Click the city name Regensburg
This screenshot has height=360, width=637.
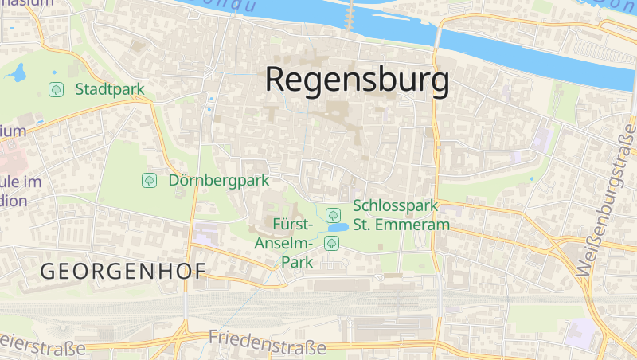click(x=357, y=80)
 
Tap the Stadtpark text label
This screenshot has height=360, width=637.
click(x=110, y=89)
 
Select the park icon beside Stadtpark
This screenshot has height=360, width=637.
click(x=57, y=89)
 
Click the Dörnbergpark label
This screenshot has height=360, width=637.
click(x=219, y=181)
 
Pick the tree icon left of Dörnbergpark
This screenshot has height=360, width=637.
click(x=149, y=181)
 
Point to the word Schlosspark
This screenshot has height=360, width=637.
click(x=395, y=206)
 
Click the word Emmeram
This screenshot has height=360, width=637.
click(x=414, y=225)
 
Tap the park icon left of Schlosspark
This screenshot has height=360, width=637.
click(x=333, y=214)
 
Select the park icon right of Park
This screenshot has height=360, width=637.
click(x=330, y=242)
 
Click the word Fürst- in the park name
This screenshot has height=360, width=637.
click(x=292, y=224)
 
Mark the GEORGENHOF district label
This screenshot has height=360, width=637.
click(x=123, y=271)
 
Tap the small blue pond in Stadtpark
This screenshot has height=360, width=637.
click(x=17, y=75)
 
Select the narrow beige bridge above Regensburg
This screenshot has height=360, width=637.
click(x=350, y=14)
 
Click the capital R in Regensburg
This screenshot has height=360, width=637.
click(x=276, y=80)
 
